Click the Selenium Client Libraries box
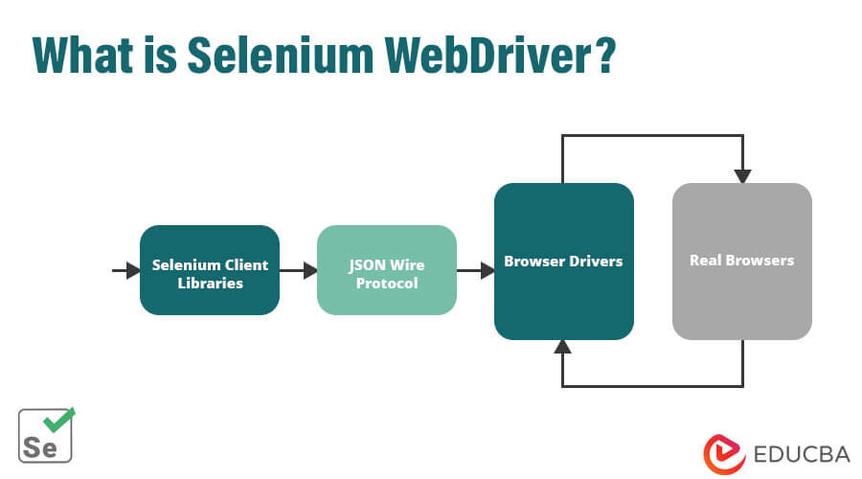click(x=209, y=270)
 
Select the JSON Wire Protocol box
click(x=386, y=270)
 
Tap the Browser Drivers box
click(x=563, y=261)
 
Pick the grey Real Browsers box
click(x=741, y=261)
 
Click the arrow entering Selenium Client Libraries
click(x=126, y=271)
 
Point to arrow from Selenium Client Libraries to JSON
click(x=298, y=271)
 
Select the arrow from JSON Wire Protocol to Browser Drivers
click(x=475, y=271)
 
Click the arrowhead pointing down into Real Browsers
click(x=742, y=176)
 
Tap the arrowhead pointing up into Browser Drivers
click(x=563, y=348)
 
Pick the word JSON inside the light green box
click(x=368, y=263)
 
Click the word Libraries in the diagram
click(x=209, y=284)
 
